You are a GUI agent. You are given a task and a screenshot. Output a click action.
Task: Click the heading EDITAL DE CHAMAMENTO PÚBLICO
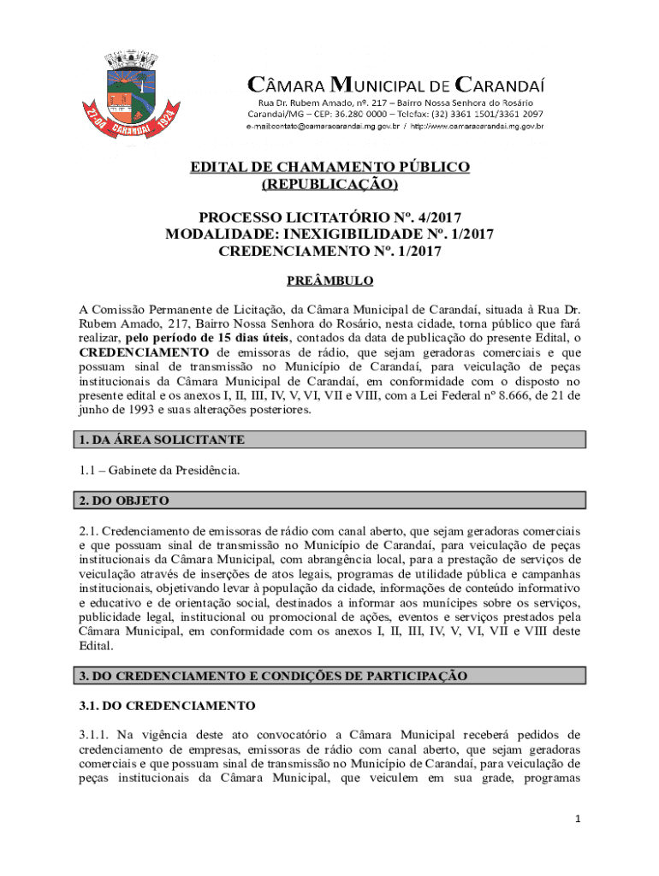[x=329, y=167]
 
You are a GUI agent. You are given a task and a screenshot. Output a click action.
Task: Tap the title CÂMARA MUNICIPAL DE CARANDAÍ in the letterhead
[x=395, y=85]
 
